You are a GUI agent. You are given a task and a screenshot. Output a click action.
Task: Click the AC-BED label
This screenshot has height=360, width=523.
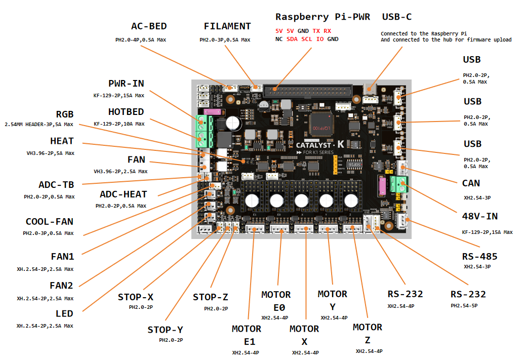[149, 26]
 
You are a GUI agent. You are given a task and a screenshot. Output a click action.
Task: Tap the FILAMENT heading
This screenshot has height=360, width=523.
[227, 26]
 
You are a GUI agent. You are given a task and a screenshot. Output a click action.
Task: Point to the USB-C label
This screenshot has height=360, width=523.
[396, 17]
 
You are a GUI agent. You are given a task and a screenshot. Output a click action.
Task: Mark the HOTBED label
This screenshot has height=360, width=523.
[126, 112]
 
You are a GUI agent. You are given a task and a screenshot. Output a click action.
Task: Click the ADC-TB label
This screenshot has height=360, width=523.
[56, 185]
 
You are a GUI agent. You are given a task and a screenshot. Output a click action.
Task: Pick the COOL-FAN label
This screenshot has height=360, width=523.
[50, 222]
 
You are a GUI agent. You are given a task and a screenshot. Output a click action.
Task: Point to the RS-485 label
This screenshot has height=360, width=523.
[479, 256]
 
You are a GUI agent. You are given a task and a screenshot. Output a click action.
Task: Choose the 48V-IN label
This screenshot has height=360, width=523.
[479, 216]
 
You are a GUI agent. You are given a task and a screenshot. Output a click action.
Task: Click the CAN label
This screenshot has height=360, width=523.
[471, 183]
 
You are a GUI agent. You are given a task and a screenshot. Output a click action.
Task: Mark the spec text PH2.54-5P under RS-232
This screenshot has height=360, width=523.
[464, 306]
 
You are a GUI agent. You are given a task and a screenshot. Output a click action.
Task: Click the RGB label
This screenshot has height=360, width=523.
[65, 114]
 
